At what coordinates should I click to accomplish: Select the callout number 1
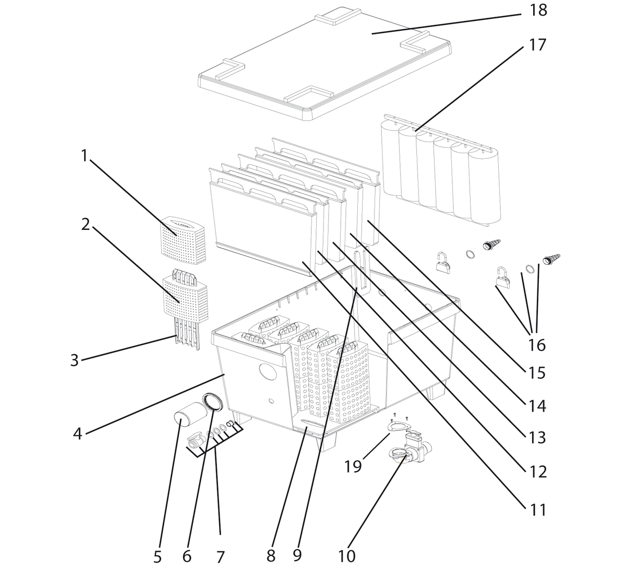83,155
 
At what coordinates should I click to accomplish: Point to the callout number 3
74,360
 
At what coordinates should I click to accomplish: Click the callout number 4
77,434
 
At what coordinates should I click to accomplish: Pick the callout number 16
536,345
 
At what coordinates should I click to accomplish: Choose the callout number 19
353,465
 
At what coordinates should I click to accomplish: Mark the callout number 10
346,556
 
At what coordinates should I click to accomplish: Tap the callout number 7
220,557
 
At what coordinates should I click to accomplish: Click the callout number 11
537,509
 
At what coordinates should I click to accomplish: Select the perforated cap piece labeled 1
186,238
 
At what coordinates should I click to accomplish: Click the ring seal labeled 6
213,404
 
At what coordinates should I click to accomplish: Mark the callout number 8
270,556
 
